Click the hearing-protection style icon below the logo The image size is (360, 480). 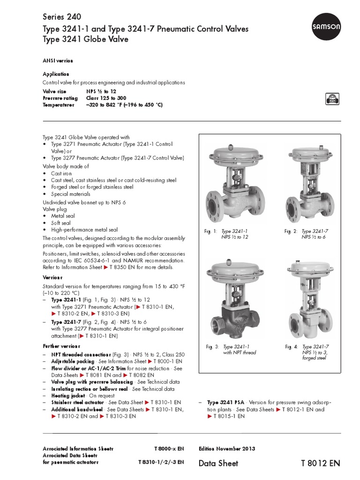pos(331,98)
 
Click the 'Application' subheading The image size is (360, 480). pos(56,74)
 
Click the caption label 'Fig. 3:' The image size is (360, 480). pos(212,347)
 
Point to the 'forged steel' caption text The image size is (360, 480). pos(315,358)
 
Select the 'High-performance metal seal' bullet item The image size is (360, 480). pos(84,230)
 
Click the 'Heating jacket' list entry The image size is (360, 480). pos(68,396)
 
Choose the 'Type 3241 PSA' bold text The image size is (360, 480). pos(222,403)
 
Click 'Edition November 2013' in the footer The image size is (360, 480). pos(227,449)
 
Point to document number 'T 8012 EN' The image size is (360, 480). pos(320,463)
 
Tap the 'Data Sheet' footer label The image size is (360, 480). pos(218,463)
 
